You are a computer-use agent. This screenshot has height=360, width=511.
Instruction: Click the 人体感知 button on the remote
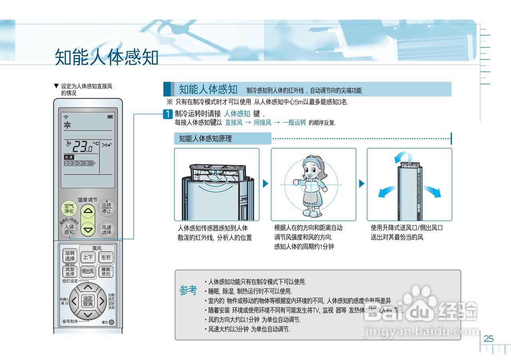pos(69,229)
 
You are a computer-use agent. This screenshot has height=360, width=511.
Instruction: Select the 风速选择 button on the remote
pos(106,229)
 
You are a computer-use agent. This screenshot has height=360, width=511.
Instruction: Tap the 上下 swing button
pos(88,258)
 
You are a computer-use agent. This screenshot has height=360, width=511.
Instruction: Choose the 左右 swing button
pos(106,258)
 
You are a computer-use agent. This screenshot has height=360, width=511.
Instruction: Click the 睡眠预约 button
pos(106,272)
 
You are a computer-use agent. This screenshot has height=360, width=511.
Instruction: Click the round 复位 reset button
pos(111,322)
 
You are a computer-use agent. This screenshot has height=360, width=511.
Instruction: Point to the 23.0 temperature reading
pos(82,147)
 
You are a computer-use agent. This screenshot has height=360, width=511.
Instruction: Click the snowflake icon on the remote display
pos(67,125)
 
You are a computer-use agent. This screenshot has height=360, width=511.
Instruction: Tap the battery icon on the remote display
pos(110,117)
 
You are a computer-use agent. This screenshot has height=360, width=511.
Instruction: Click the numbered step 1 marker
pos(168,114)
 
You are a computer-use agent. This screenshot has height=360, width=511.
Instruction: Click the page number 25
pos(489,339)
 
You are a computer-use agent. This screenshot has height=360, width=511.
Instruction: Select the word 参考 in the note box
pos(188,290)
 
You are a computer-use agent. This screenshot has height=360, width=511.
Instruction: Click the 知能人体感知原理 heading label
pos(205,139)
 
